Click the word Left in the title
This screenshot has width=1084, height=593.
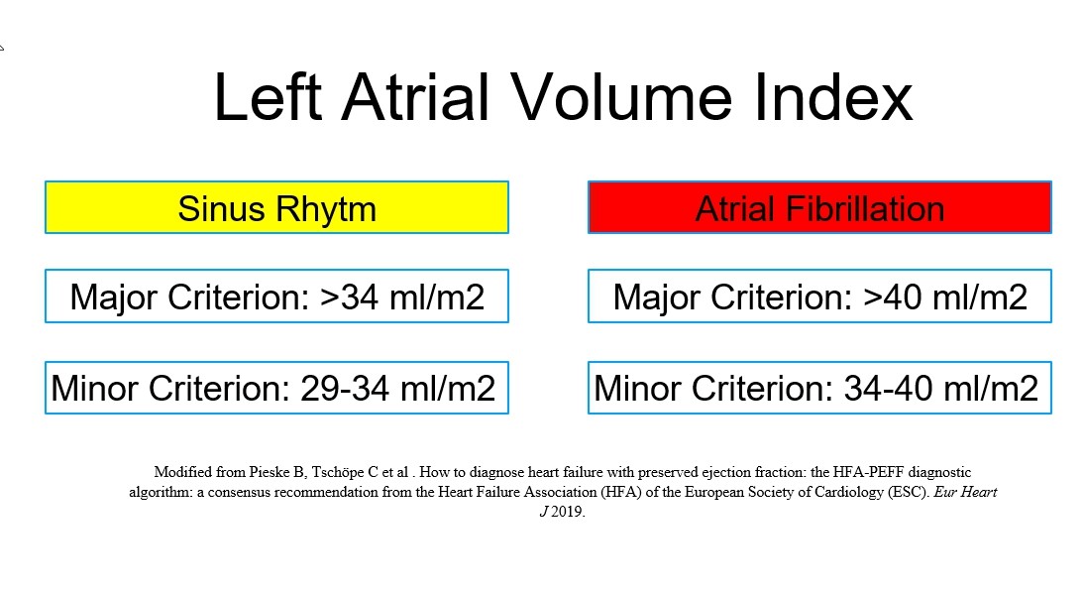[x=269, y=97]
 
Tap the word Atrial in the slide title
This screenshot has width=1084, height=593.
[x=415, y=97]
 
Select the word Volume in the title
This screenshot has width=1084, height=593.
[x=621, y=97]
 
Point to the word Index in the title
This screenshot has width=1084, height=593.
[x=833, y=97]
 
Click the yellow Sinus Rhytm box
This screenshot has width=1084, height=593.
[x=276, y=207]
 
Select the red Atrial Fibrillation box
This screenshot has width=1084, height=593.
[x=819, y=207]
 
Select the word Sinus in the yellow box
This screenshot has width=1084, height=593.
[x=221, y=209]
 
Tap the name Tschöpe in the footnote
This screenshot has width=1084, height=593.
[x=337, y=473]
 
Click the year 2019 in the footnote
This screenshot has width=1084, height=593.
[x=568, y=513]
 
